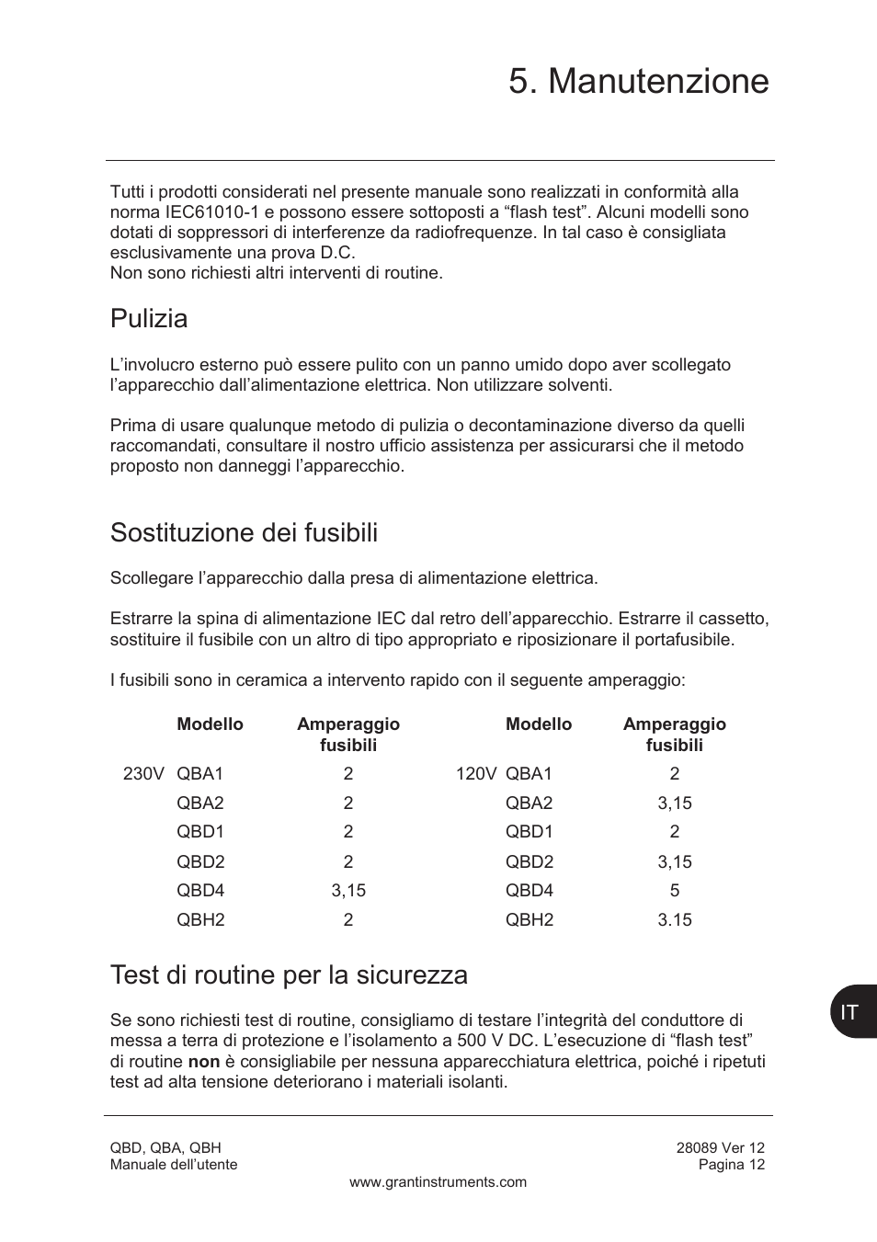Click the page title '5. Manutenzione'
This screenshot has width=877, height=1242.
tap(638, 82)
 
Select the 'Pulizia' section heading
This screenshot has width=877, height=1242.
tap(149, 319)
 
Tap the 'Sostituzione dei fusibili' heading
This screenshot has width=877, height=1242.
tap(244, 533)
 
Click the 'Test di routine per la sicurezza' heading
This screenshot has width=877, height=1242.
tap(289, 974)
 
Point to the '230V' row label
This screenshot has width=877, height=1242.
tap(143, 774)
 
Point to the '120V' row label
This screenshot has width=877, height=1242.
tap(475, 774)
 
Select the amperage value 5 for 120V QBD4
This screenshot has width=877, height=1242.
tap(674, 891)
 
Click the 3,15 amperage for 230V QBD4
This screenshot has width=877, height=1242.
tap(347, 891)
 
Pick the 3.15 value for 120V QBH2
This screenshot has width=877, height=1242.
tap(674, 920)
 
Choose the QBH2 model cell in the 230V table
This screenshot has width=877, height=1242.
tap(200, 920)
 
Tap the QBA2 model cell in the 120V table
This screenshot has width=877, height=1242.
tap(529, 803)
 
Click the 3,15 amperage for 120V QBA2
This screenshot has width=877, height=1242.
tap(674, 803)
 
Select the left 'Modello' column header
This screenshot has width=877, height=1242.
tap(210, 724)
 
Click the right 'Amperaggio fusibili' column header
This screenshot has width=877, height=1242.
tap(674, 735)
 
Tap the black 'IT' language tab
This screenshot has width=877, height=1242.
tap(851, 1012)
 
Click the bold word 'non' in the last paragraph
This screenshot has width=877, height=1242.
tap(204, 1062)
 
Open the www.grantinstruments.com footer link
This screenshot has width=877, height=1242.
tap(438, 1182)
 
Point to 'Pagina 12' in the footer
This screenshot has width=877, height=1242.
tap(731, 1165)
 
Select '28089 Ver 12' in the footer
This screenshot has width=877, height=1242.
tap(720, 1147)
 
